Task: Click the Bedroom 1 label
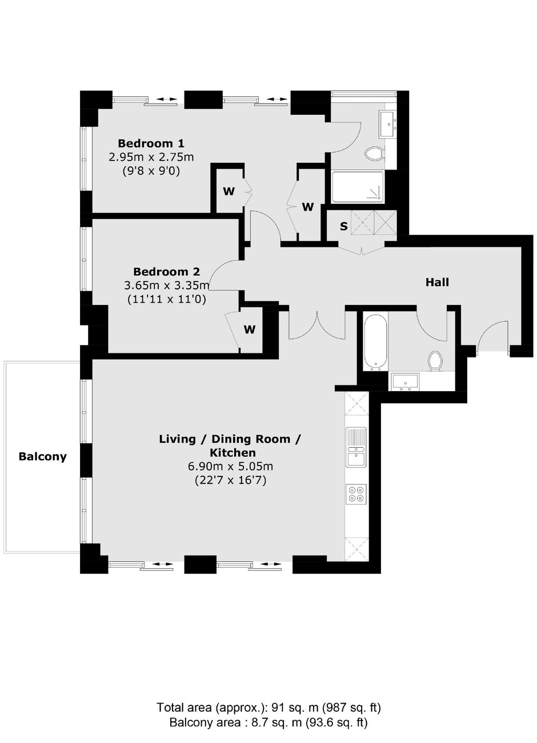coord(151,143)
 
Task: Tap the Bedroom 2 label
coord(167,272)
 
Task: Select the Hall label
coord(437,282)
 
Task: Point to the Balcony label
coord(42,457)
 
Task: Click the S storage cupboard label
coord(344,226)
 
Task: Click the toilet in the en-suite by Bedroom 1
coord(374,154)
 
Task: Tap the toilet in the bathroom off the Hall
coord(435,361)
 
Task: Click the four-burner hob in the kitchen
coord(356,494)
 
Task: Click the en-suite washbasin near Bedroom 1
coord(387,124)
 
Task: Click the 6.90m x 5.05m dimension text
coord(230,467)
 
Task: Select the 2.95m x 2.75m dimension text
coord(151,157)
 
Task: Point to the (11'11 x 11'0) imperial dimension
coord(167,299)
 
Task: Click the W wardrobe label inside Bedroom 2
coord(250,330)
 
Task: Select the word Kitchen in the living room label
coord(233,453)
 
